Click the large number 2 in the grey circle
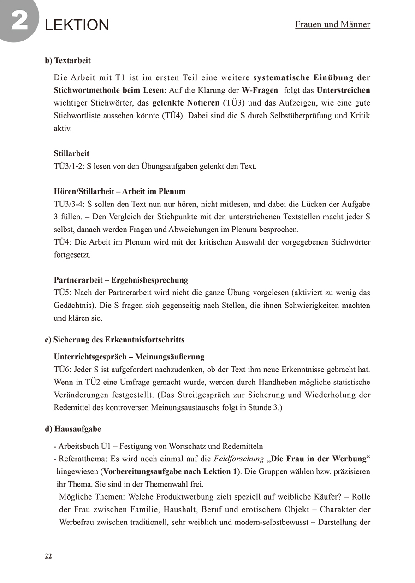coord(19,21)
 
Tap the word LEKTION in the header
coord(77,25)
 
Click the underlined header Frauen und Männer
coord(332,24)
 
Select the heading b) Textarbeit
coord(68,60)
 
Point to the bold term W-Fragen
coord(260,90)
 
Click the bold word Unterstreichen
coord(343,90)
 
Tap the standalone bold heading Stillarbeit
coord(71,153)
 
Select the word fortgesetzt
coord(72,254)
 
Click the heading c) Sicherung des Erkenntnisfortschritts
coord(114,340)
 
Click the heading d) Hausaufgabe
coord(73,429)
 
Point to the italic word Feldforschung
coord(238,459)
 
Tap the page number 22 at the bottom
coord(48,556)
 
